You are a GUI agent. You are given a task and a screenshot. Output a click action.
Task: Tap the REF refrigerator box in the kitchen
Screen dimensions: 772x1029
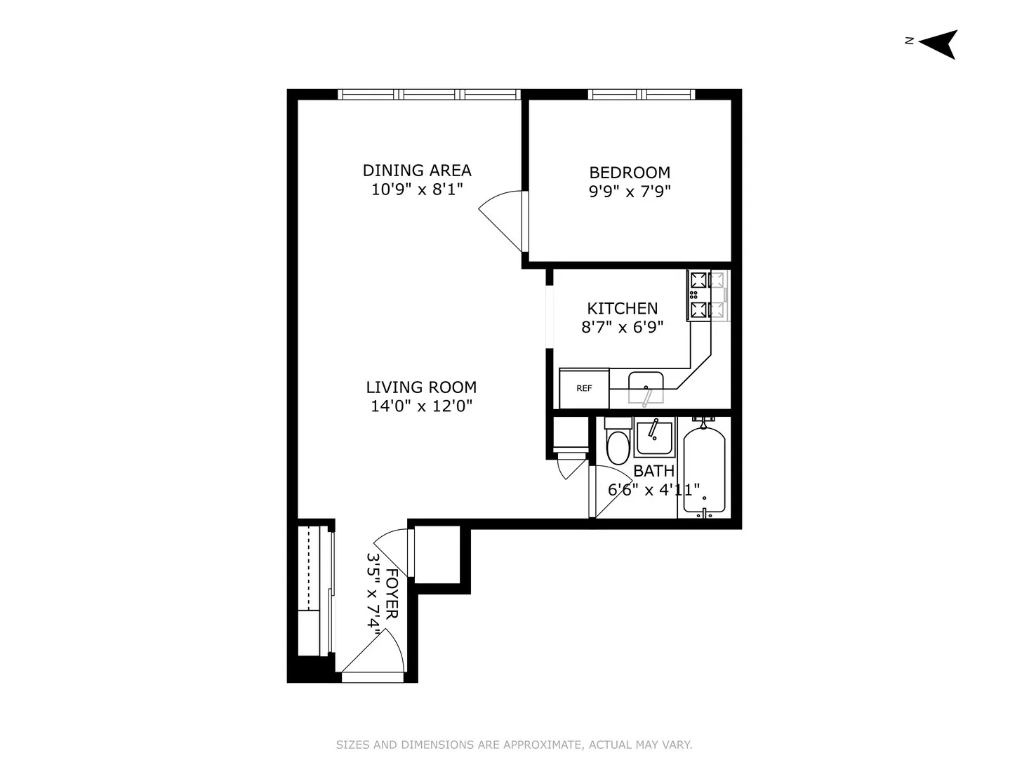[584, 388]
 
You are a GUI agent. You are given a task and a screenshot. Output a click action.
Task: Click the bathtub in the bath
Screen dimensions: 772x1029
[704, 469]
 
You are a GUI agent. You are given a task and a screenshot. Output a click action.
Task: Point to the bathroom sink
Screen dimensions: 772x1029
[654, 439]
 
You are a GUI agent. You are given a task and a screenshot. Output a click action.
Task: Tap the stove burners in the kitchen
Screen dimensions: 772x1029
[699, 295]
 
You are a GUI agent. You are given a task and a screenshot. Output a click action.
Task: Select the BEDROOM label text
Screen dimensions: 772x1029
[630, 173]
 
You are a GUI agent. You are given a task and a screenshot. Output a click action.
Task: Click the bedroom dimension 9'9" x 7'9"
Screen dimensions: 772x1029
[630, 191]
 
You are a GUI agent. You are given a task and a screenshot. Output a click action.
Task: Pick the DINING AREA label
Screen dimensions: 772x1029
[417, 171]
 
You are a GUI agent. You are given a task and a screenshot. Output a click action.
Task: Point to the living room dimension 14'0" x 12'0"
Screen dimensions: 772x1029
[421, 406]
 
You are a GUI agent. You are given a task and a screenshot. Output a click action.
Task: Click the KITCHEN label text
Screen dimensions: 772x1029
[622, 309]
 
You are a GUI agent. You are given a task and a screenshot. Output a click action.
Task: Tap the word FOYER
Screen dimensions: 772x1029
[392, 594]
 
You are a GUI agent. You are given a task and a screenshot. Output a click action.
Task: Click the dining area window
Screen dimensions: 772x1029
[428, 94]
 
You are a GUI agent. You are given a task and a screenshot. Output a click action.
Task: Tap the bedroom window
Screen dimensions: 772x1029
[641, 94]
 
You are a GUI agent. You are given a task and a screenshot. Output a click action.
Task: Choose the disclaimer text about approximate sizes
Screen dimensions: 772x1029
[514, 745]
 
